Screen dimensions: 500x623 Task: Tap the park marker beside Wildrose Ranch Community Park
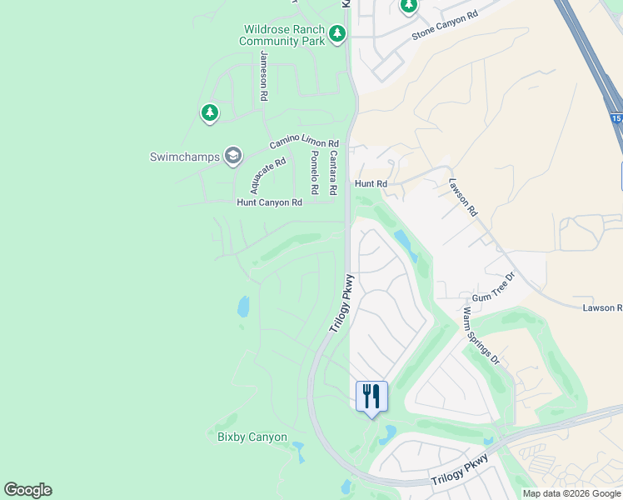pos(337,34)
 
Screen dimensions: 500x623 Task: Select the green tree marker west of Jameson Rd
pos(209,112)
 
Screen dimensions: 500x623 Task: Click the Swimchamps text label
pos(184,157)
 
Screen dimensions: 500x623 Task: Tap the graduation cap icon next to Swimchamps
pos(233,156)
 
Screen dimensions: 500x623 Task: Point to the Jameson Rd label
pos(263,76)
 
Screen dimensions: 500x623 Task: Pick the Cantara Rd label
pos(332,167)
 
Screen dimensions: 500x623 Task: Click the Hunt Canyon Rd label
pos(269,202)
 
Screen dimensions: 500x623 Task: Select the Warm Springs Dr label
pos(481,337)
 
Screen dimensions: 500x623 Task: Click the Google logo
pos(27,490)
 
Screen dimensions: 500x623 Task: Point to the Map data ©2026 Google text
pos(571,493)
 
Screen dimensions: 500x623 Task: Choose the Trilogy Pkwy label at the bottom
pos(460,476)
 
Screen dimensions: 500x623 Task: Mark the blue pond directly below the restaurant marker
pos(386,434)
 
